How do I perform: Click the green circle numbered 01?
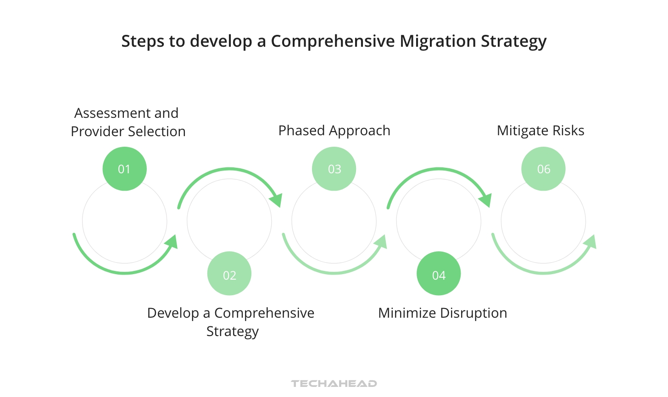pos(124,169)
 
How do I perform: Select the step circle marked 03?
pos(334,169)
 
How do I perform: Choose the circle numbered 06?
pos(543,169)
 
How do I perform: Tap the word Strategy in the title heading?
pos(513,41)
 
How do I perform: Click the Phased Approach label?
pos(334,131)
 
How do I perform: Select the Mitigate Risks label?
pos(540,131)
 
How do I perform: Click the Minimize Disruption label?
pos(442,313)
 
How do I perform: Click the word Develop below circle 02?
pos(173,313)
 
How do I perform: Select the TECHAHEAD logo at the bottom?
pos(334,383)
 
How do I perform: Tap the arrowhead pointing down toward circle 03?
pos(276,200)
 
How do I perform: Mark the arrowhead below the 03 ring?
pos(381,242)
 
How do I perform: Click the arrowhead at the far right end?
pos(590,242)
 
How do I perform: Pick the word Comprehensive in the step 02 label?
pos(264,313)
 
